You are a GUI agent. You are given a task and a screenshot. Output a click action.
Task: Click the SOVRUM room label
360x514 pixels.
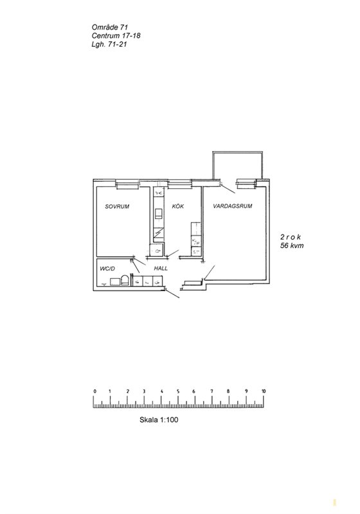coord(117,206)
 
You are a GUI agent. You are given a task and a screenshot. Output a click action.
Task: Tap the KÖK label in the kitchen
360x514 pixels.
coord(178,206)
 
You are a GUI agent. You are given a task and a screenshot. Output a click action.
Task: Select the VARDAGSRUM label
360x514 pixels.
coord(233,206)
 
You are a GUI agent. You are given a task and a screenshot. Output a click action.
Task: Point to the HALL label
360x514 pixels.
coord(161,268)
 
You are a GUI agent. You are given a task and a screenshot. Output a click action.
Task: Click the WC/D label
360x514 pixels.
coord(107,269)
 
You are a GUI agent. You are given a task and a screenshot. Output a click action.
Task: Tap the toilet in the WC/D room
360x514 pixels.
coord(125,280)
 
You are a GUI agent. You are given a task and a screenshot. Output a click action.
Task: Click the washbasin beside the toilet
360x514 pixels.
coord(115,282)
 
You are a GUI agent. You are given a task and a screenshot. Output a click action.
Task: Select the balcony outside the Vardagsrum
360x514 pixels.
coord(238,166)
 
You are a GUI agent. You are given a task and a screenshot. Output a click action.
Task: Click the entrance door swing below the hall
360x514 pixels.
coord(172,294)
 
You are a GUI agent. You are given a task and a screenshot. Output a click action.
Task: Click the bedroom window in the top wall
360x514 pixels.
coord(127,186)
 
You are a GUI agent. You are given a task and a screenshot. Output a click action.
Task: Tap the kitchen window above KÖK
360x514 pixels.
coord(179,186)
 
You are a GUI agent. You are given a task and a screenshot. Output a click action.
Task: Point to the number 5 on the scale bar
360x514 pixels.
coord(178,391)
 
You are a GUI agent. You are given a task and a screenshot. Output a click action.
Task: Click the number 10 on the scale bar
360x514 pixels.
coord(264,391)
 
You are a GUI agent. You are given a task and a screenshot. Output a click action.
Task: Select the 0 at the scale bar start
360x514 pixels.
coord(94,391)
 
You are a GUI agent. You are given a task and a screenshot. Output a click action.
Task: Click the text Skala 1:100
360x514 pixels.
coord(159,420)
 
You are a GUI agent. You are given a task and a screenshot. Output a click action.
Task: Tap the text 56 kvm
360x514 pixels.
coord(292,245)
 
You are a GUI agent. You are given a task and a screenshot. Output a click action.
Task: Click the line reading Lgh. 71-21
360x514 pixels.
coord(109,44)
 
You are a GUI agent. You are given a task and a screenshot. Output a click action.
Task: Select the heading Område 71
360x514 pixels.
coord(110,28)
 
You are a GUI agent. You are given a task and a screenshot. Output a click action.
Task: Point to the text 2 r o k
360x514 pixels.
coord(291,236)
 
